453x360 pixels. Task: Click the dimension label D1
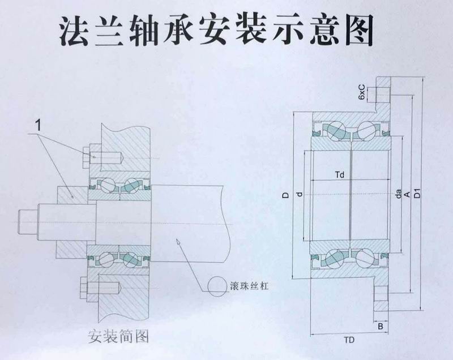[x=417, y=192]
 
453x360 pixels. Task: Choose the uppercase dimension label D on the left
[x=286, y=195]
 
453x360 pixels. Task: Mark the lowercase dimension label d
[x=299, y=195]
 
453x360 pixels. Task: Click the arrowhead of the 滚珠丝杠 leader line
[x=177, y=242]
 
